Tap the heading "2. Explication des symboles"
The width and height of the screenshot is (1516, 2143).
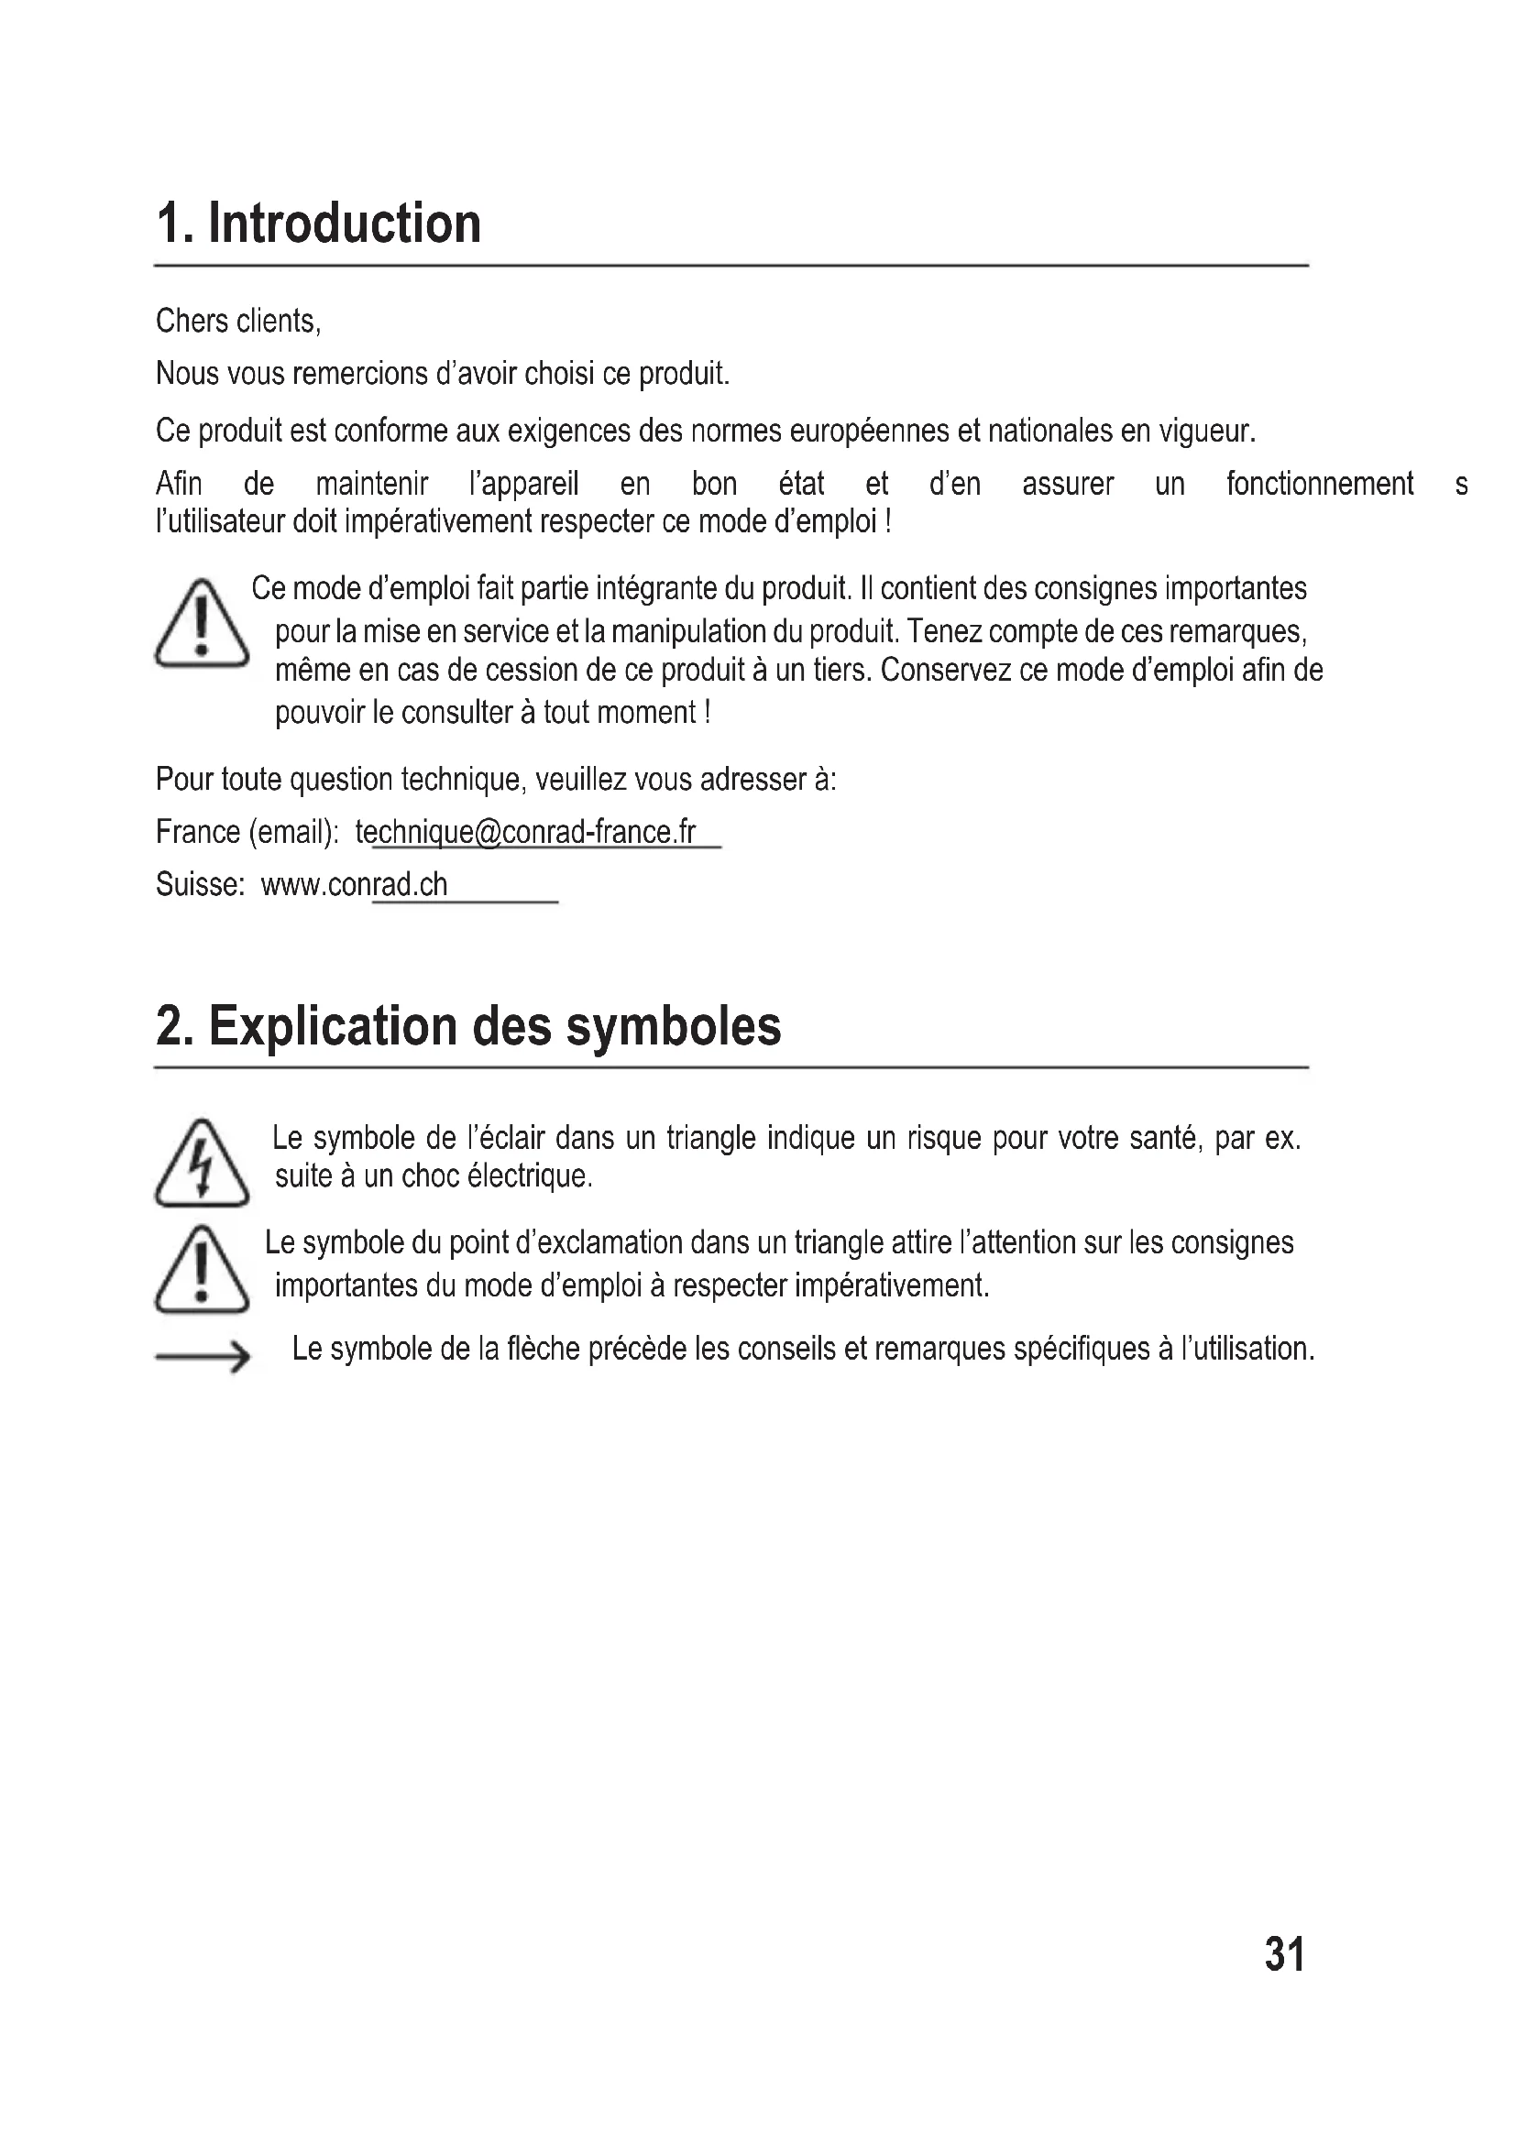tap(467, 1027)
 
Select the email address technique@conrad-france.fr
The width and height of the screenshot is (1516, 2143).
tap(525, 832)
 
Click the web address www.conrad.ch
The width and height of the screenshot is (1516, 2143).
tap(354, 884)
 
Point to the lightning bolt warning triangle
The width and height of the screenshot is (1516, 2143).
tap(202, 1164)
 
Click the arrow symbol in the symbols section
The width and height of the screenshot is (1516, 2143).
tap(202, 1356)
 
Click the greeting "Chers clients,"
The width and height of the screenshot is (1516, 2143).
tap(238, 321)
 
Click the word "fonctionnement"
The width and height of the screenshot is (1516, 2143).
tap(1319, 484)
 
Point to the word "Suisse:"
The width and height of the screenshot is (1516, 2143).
tap(200, 884)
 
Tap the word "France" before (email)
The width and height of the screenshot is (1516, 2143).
tap(198, 832)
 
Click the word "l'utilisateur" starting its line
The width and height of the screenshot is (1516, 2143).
tap(219, 520)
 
